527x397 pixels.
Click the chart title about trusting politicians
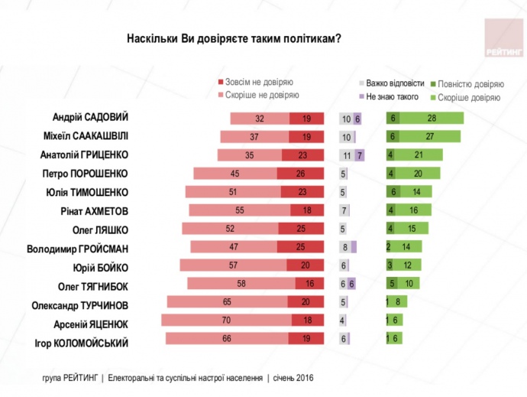(233, 37)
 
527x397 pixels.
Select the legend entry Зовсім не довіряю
(259, 82)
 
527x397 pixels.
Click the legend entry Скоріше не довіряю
(262, 96)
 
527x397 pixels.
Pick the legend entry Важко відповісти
(394, 83)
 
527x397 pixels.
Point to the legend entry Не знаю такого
(392, 97)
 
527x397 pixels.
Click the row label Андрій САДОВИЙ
(89, 118)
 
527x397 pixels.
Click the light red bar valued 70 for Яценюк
(225, 321)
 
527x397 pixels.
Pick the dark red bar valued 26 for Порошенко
(301, 174)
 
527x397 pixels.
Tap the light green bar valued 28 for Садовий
(432, 119)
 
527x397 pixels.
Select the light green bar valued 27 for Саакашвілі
(430, 137)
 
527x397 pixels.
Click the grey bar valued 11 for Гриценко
(348, 155)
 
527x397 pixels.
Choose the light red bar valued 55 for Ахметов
(239, 210)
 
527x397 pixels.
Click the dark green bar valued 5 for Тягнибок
(392, 284)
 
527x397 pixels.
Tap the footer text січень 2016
(291, 378)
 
